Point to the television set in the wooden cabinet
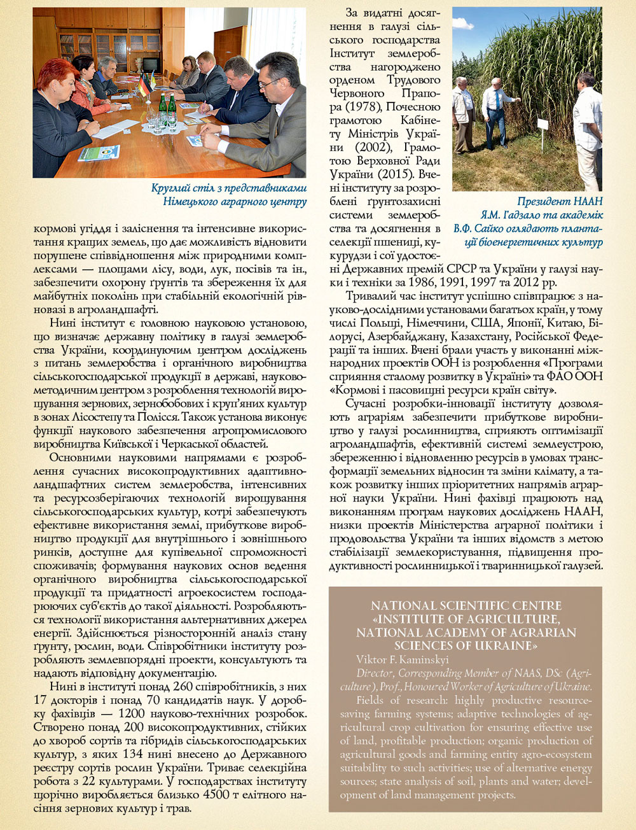tap(151, 64)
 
